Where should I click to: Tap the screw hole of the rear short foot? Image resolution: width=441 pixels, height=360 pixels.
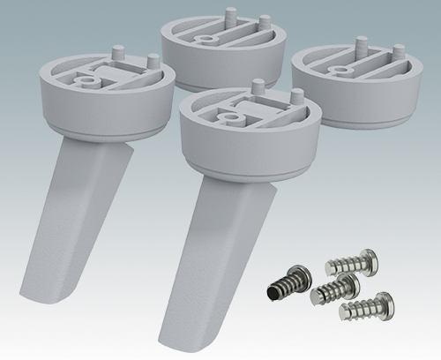[x=205, y=41]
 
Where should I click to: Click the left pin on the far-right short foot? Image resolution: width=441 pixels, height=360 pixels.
[x=361, y=43]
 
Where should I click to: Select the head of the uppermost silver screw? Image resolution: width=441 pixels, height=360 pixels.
[x=366, y=259]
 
